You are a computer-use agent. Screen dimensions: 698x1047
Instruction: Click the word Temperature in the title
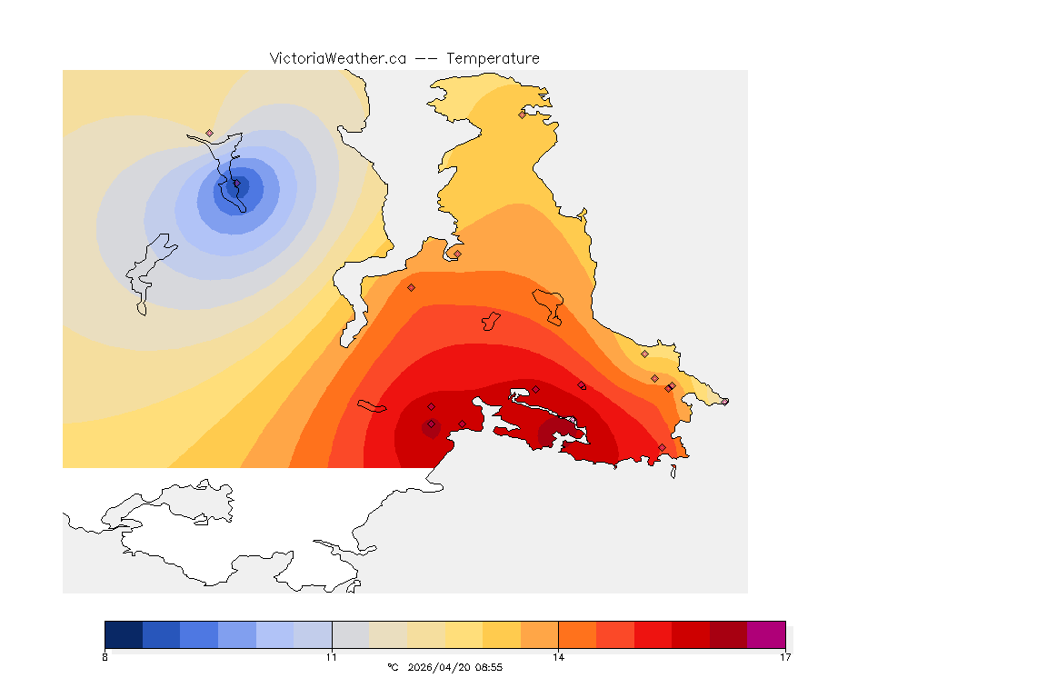pos(493,58)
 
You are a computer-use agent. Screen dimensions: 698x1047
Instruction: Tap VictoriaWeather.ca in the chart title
pos(337,58)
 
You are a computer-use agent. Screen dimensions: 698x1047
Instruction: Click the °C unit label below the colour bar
pos(393,667)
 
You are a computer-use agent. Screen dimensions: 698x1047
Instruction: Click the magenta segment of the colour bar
pos(766,633)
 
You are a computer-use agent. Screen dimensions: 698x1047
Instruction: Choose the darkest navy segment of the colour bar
pos(124,633)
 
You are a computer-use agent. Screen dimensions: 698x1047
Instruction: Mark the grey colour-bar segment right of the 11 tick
pos(350,633)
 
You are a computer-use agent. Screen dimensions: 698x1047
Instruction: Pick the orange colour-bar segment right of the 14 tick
pos(577,633)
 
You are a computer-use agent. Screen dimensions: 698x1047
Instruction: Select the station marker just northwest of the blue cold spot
pos(209,133)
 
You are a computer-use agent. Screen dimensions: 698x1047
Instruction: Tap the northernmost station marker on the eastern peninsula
pos(522,115)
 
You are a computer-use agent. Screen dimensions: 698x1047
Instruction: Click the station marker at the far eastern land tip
pos(724,401)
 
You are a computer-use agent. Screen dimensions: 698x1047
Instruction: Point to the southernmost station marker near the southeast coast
pos(662,447)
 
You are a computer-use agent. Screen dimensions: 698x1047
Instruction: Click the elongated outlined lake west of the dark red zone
pos(373,405)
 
